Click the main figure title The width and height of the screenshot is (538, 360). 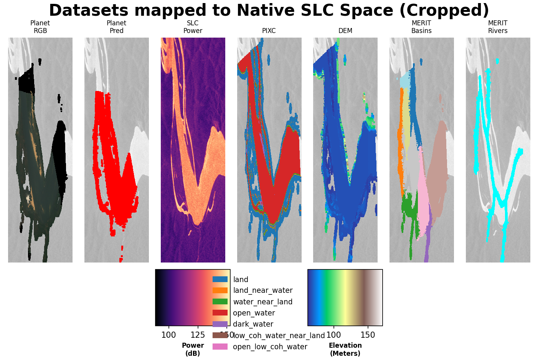(269, 10)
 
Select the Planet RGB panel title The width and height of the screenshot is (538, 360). (40, 27)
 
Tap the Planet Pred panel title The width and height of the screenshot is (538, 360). (117, 27)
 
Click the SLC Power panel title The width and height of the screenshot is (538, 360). (193, 27)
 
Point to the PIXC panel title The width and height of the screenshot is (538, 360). (269, 31)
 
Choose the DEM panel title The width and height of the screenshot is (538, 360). (345, 31)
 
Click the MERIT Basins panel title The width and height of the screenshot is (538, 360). (421, 27)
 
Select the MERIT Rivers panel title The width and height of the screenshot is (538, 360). (498, 27)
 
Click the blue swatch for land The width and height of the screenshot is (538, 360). (220, 279)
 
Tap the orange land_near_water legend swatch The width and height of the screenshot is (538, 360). (220, 291)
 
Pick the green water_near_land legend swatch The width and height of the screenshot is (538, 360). (220, 302)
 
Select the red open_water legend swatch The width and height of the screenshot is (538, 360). (220, 313)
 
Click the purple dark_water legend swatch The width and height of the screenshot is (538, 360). (220, 324)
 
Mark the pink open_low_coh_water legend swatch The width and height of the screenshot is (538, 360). (220, 347)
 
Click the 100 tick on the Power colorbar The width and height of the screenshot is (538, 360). (168, 335)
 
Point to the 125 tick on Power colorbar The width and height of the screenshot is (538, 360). (198, 335)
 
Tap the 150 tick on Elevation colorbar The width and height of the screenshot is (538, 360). (368, 335)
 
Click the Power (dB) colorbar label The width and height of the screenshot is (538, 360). (193, 349)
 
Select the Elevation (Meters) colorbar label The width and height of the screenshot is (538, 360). (345, 349)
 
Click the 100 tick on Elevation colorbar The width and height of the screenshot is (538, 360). (333, 335)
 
